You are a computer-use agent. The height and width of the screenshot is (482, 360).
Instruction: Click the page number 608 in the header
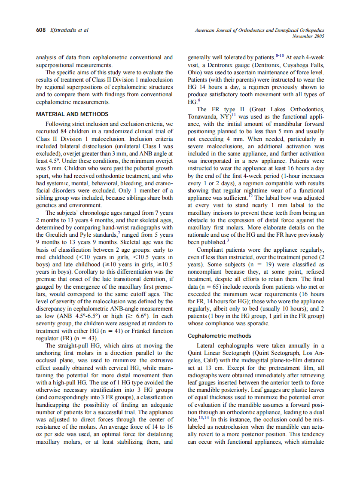tap(40, 30)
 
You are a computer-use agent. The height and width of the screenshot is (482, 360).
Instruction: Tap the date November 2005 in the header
tap(308, 36)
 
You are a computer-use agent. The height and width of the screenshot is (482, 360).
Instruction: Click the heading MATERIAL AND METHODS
tap(72, 114)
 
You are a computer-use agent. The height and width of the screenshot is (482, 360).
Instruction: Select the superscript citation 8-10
tap(280, 56)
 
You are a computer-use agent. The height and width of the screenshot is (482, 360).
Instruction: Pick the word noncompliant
tap(205, 272)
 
